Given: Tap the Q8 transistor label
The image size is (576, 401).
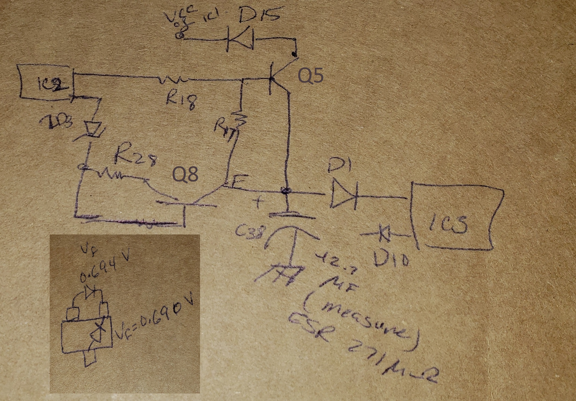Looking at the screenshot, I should coord(185,174).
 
